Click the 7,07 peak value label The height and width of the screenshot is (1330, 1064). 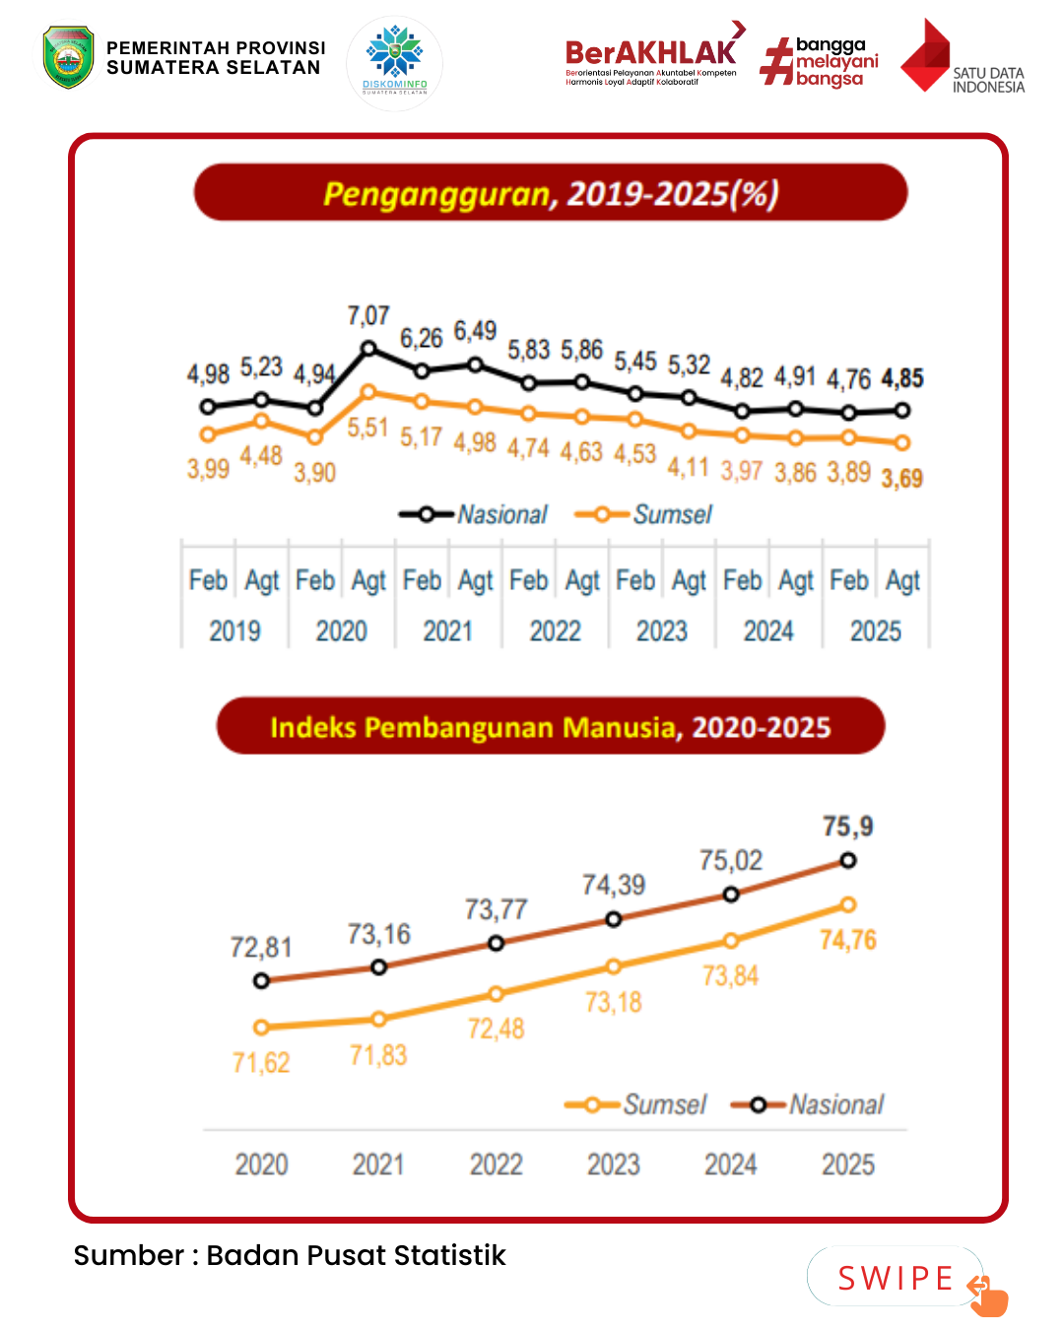(368, 316)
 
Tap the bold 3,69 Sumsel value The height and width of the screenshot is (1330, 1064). (901, 479)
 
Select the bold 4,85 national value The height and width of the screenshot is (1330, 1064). (901, 378)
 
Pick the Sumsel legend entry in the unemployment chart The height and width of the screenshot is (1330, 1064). (644, 514)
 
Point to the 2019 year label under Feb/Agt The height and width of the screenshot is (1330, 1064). (234, 631)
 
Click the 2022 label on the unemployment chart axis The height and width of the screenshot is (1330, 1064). (555, 631)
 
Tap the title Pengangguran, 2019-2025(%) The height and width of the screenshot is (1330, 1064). (551, 193)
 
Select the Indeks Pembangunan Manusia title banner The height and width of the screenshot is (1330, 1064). (551, 727)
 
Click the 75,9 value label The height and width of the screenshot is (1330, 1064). (847, 826)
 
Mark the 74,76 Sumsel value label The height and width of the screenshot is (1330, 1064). (847, 940)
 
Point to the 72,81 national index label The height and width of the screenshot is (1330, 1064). (261, 948)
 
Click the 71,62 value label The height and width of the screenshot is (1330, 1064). (261, 1063)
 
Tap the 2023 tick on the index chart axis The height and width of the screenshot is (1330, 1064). (613, 1164)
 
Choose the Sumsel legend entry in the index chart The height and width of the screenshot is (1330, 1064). (637, 1104)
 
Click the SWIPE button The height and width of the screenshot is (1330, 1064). (896, 1278)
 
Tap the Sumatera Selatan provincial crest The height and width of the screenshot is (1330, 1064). (68, 57)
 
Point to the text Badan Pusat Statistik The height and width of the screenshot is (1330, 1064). (356, 1255)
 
